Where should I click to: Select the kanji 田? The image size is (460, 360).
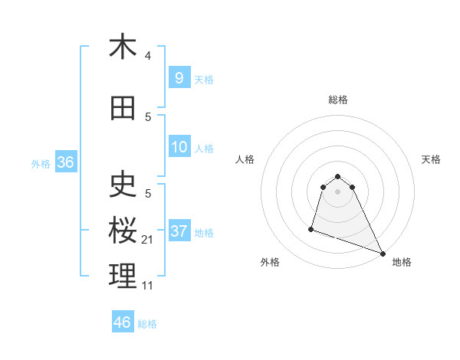point(123,109)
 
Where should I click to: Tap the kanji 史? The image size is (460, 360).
point(123,186)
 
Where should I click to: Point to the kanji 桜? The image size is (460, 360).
point(123,231)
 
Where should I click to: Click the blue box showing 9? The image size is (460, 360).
point(179,77)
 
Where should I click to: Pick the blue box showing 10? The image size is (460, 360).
point(179,147)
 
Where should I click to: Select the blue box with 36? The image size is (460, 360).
point(65,162)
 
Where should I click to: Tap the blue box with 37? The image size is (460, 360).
point(179,231)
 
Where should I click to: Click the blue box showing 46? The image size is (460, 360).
point(123,322)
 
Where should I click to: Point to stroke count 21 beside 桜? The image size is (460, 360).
point(148,240)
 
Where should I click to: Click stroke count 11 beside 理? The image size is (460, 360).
point(148,285)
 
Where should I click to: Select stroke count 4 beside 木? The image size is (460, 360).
point(148,55)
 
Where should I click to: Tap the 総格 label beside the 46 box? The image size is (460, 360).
point(147,324)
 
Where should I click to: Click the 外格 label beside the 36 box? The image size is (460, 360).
point(41,163)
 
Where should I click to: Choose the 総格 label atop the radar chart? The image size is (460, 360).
point(337,100)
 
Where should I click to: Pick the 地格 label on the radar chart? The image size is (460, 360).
point(402,262)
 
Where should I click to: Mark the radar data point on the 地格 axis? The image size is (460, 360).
point(383,254)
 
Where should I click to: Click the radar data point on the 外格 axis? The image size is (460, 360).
point(311,228)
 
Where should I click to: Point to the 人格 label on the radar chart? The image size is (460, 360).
point(245,159)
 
